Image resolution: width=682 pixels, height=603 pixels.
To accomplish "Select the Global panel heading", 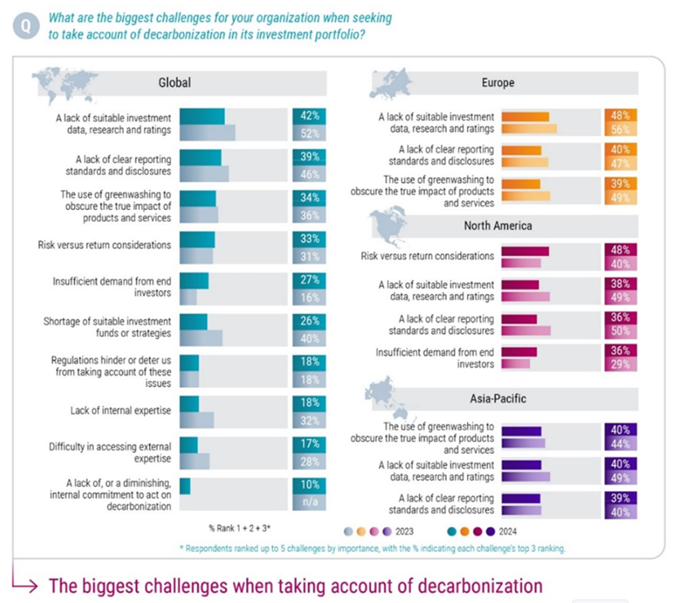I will [x=174, y=83].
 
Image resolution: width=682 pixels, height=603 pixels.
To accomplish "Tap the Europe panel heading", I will [x=498, y=83].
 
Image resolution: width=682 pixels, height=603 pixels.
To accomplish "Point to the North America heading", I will [x=498, y=225].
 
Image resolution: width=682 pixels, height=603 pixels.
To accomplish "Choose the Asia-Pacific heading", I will [x=498, y=398].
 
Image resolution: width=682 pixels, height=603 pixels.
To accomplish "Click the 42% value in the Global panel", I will [x=310, y=115].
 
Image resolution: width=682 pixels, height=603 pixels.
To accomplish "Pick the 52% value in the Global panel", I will [x=310, y=133].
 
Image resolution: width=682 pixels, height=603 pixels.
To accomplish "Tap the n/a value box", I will [x=310, y=502].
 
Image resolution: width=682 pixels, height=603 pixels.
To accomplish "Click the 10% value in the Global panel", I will [x=310, y=484].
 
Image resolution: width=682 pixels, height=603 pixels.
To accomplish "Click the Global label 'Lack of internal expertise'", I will [x=121, y=410].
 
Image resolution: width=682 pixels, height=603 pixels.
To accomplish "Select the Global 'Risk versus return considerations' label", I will [x=105, y=245].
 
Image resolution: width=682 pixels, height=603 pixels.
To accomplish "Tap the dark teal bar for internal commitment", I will [x=185, y=486].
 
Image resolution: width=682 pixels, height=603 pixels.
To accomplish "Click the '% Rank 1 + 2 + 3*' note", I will [x=239, y=528].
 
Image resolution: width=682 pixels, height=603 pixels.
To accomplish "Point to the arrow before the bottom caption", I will [x=27, y=586].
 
